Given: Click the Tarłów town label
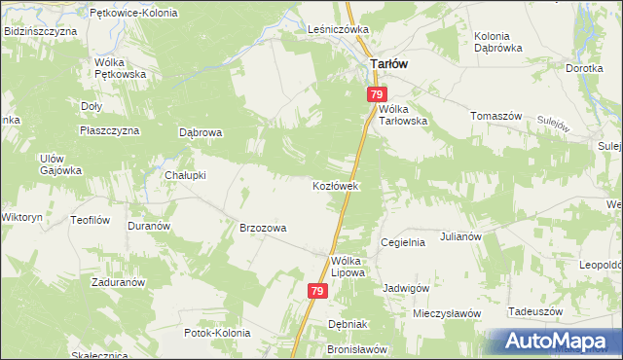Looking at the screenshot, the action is pyautogui.click(x=388, y=63).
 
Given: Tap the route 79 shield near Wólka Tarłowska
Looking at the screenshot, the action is pyautogui.click(x=378, y=94).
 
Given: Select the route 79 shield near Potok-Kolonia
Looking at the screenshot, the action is pyautogui.click(x=318, y=291).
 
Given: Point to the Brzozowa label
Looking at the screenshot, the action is pyautogui.click(x=263, y=228).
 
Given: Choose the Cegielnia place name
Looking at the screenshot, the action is pyautogui.click(x=403, y=242).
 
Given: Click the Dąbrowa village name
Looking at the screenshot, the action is pyautogui.click(x=202, y=132).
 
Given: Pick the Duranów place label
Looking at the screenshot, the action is pyautogui.click(x=149, y=225).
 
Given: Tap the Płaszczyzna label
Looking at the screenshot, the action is pyautogui.click(x=114, y=129).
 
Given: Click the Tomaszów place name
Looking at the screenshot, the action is pyautogui.click(x=496, y=116).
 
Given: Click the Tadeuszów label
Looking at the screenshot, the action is pyautogui.click(x=536, y=311).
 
